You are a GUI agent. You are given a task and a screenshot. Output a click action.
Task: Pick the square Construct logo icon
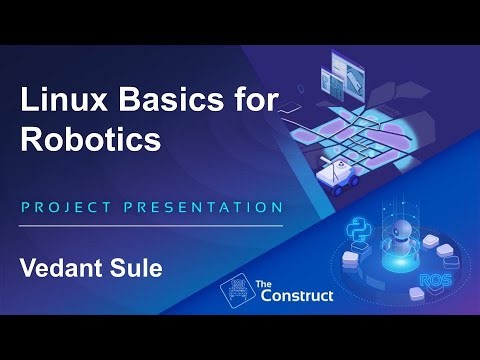236,291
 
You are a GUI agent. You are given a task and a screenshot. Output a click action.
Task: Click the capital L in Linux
30,100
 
